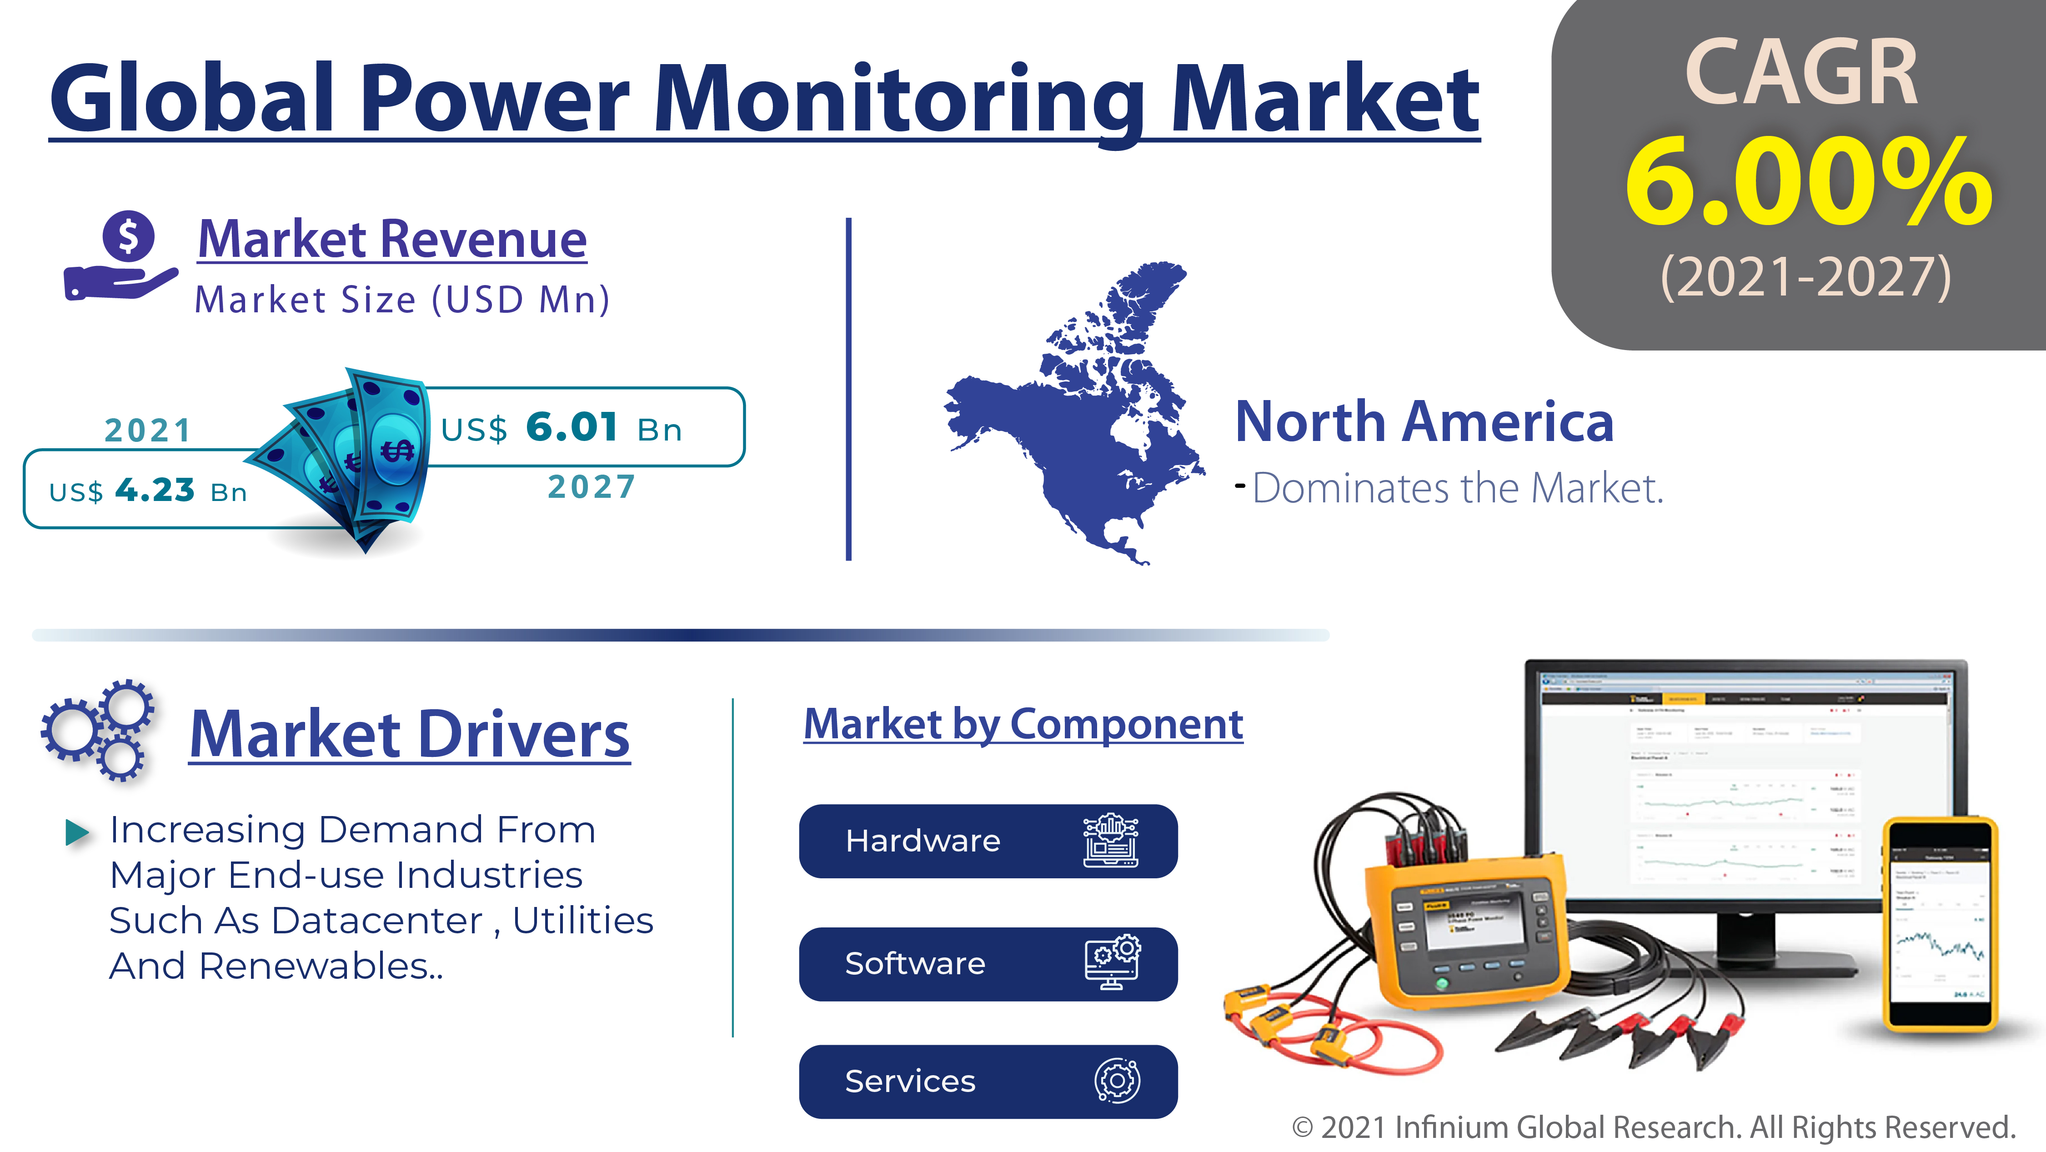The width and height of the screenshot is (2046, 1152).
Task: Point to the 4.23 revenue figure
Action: click(x=155, y=490)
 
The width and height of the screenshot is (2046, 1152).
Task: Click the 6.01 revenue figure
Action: click(x=572, y=427)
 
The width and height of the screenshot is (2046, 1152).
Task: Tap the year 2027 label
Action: click(x=592, y=486)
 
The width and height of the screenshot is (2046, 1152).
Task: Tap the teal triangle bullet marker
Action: click(x=77, y=832)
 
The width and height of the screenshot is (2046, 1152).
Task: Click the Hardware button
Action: click(x=987, y=841)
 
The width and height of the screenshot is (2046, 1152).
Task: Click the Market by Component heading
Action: click(x=1023, y=724)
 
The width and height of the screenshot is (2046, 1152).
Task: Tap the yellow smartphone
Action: click(x=1940, y=925)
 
